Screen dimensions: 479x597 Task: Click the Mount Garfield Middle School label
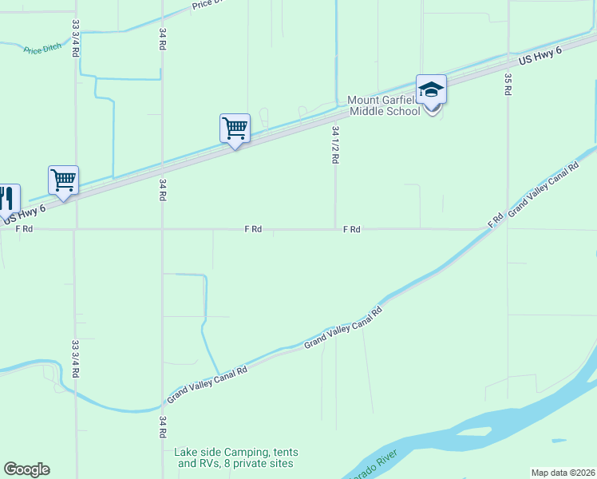tap(383, 106)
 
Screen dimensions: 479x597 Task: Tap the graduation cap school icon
tap(431, 90)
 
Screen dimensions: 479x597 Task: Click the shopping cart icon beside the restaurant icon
tap(63, 180)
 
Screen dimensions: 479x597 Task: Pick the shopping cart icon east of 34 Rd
tap(235, 128)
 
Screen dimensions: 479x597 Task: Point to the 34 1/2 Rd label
tap(336, 144)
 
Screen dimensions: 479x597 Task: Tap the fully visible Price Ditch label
tap(42, 49)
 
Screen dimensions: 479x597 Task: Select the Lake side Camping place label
tap(234, 457)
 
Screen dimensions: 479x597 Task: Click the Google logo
tap(26, 469)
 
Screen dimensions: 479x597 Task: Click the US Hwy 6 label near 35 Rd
tap(540, 56)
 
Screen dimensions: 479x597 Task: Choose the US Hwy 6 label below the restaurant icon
tap(25, 213)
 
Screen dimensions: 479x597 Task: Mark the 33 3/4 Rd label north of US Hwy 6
tap(75, 38)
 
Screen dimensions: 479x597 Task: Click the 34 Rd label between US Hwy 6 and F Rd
tap(162, 188)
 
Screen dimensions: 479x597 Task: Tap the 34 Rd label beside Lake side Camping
tap(162, 426)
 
